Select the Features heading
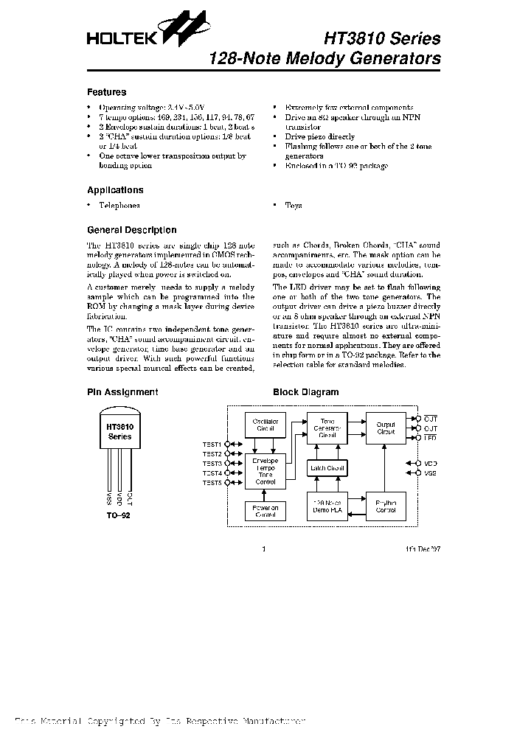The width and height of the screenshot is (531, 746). [106, 93]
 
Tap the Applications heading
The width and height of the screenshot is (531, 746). [115, 190]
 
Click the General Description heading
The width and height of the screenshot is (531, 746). [131, 230]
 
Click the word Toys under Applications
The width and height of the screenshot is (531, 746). [294, 206]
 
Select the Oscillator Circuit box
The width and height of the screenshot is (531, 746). [265, 425]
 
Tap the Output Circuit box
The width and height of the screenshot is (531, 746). [386, 428]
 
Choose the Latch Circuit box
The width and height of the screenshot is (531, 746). [327, 469]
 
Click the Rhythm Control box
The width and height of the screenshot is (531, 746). [386, 506]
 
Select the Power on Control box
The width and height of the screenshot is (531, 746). [265, 512]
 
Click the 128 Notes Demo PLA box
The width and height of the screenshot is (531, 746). [327, 506]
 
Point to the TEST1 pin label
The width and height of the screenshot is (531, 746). [212, 445]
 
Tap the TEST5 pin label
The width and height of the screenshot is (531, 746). [212, 483]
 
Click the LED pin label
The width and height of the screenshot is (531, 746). [431, 437]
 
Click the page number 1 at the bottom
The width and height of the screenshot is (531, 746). [264, 549]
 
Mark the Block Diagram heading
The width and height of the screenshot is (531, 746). [305, 392]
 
